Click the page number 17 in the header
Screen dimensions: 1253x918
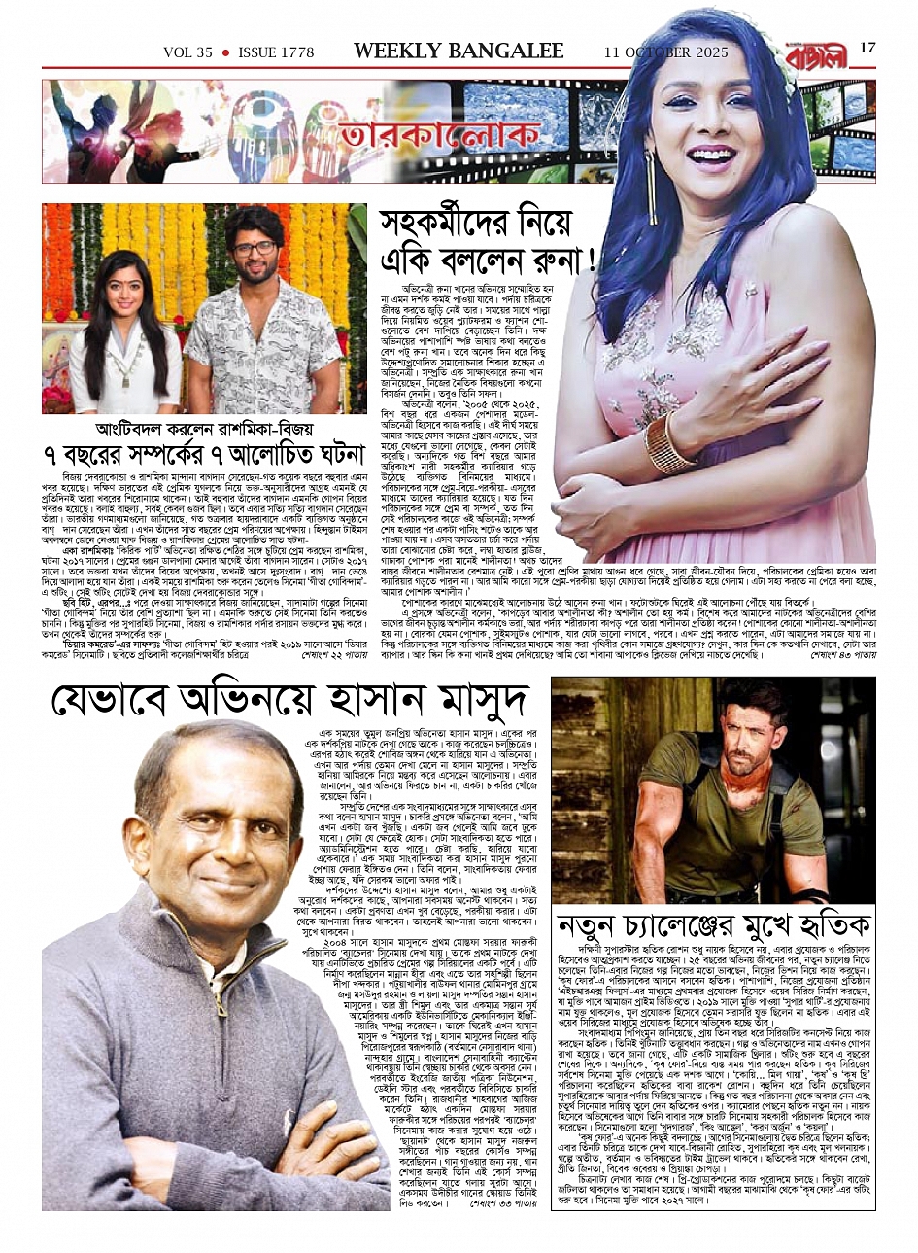[867, 48]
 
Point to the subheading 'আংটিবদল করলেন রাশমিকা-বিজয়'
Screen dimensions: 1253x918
[204, 428]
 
